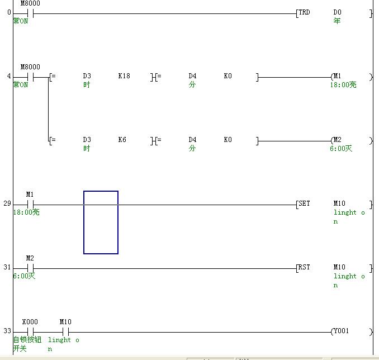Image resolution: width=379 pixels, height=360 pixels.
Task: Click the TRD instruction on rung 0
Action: coord(305,12)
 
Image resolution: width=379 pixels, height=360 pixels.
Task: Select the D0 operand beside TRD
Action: coord(337,12)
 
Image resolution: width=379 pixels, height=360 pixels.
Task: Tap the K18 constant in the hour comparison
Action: coord(124,76)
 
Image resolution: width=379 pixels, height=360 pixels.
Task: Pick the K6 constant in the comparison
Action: coord(122,140)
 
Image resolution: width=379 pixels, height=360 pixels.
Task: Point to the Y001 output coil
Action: coord(340,331)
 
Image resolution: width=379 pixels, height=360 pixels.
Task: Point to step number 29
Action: coord(7,204)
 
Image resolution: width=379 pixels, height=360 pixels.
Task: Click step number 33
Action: coord(7,331)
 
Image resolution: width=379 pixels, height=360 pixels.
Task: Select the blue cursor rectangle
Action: coord(101,222)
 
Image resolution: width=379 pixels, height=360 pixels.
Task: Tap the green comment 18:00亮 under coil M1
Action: coord(343,85)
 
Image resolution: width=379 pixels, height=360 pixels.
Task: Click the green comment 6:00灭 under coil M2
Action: coord(341,149)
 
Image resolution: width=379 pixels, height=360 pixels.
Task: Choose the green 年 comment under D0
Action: coord(337,21)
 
